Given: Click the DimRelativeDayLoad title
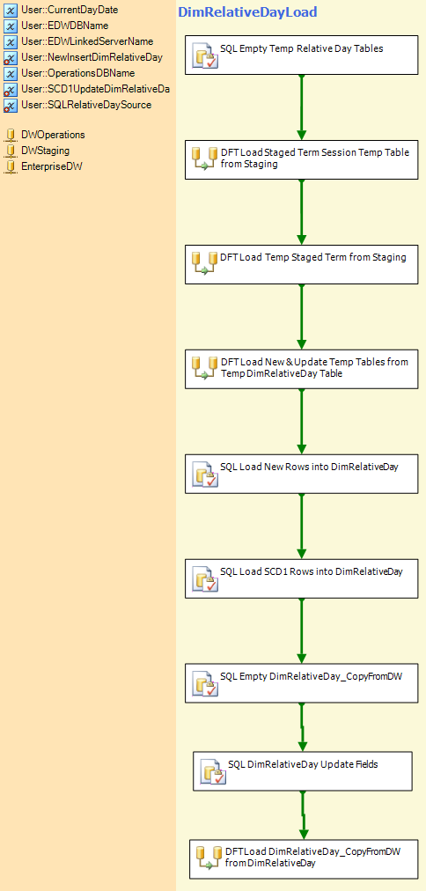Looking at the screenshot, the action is point(247,12).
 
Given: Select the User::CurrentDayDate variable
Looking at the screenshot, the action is point(70,10).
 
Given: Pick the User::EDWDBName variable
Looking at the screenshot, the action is point(65,26).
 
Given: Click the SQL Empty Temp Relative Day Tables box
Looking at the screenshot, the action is point(302,55).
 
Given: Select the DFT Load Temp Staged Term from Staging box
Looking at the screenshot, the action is point(302,264).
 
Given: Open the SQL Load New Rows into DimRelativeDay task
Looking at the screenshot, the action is point(302,474).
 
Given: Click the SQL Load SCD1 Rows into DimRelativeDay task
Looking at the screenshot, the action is point(302,578).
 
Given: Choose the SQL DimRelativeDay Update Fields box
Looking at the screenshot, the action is point(302,771).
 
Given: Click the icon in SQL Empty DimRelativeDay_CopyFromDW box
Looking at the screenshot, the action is point(205,686).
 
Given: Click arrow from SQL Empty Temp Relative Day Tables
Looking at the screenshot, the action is point(302,107).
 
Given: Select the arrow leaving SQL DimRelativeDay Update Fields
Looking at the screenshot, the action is point(304,814).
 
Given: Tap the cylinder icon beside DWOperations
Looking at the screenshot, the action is point(11,135).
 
